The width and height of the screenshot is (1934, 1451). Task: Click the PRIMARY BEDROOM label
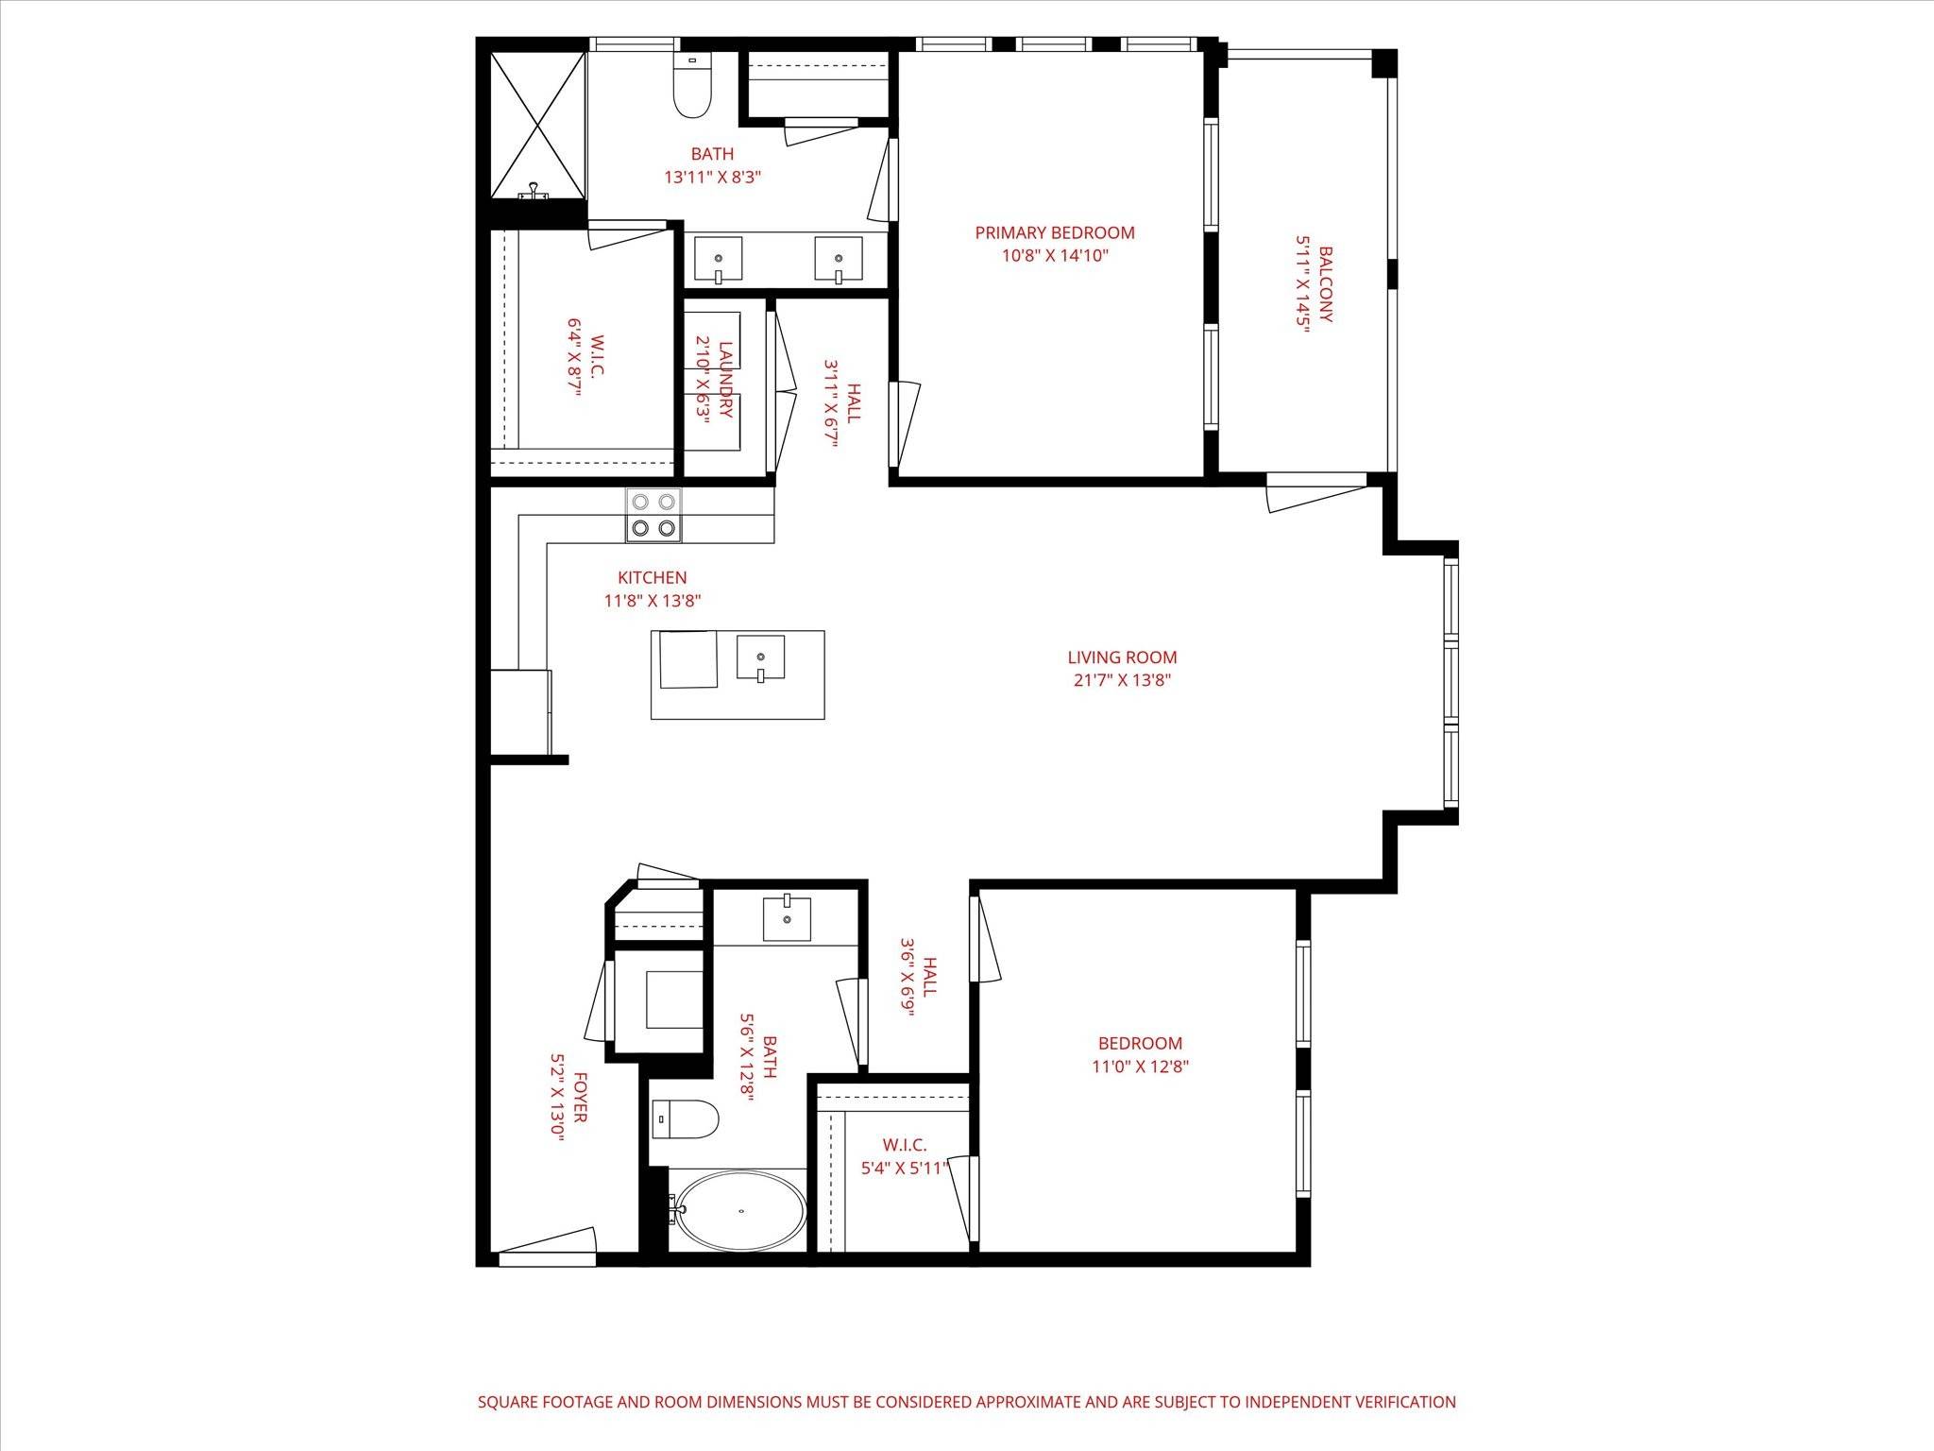[1055, 232]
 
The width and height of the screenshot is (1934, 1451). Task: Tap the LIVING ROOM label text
[1122, 657]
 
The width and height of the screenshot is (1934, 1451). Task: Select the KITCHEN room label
[652, 577]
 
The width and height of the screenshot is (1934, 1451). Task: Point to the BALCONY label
[1325, 284]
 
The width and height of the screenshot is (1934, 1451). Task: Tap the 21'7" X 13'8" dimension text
[1122, 680]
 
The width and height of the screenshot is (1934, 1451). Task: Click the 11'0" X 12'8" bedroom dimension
[1140, 1067]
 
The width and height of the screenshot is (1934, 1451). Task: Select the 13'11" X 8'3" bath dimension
[712, 177]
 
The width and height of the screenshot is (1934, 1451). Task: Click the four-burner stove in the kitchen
[653, 516]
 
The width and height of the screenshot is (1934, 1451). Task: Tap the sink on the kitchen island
[760, 657]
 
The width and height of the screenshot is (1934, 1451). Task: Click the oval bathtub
[741, 1210]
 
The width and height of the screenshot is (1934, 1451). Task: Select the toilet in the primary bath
[691, 85]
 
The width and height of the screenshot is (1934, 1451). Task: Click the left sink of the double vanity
[719, 259]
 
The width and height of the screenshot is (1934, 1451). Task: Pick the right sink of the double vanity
[839, 259]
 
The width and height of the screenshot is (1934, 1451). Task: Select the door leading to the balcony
[1316, 492]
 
